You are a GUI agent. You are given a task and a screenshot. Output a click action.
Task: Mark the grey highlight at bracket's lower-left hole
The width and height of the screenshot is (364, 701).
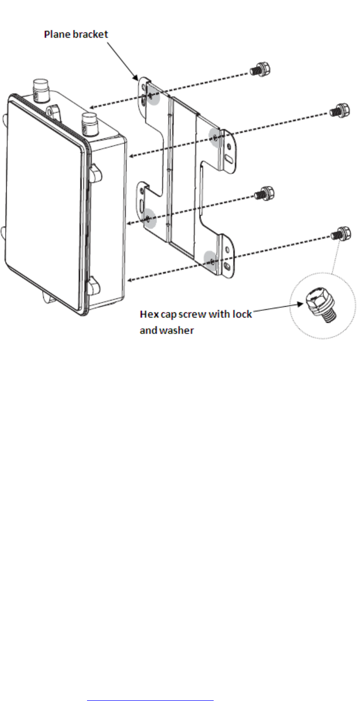(148, 218)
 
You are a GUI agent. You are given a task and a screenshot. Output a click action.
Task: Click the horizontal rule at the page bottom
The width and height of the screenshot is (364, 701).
(150, 686)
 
